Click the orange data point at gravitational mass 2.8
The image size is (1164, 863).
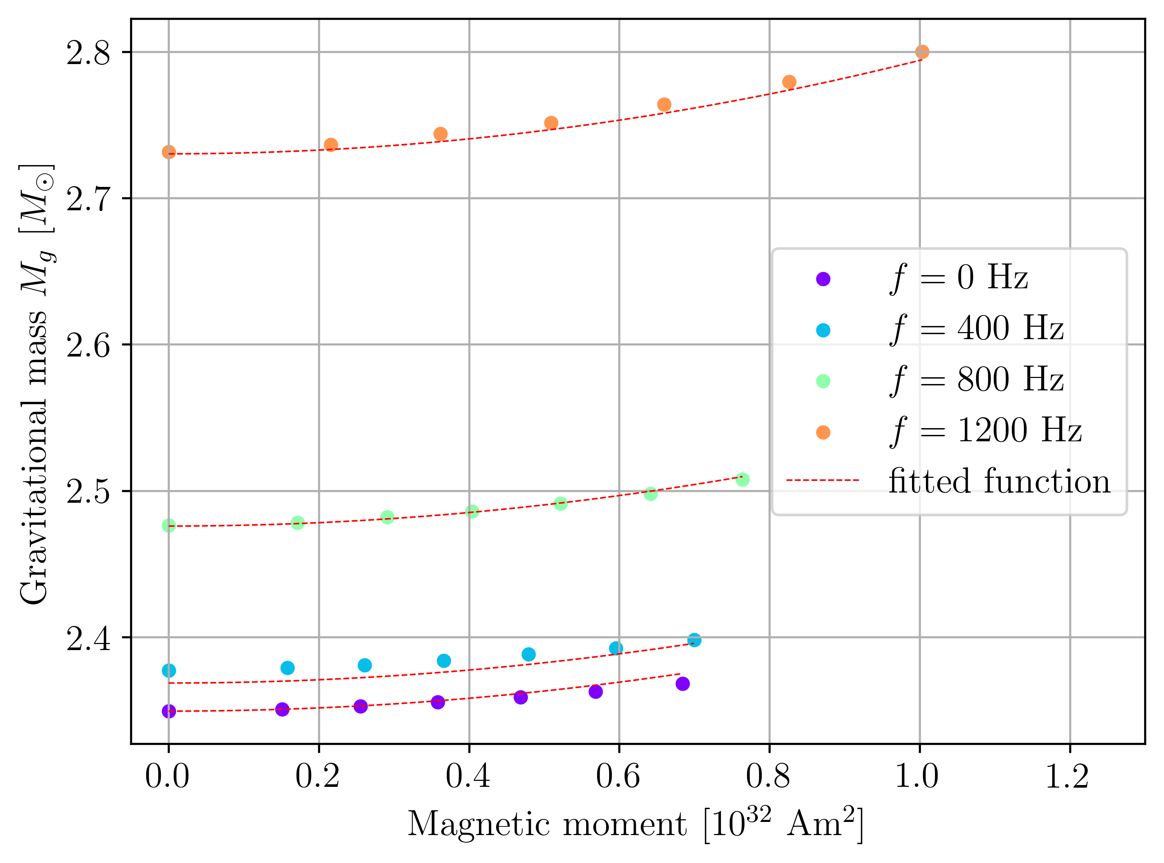click(x=922, y=52)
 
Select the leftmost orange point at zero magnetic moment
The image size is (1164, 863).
click(x=169, y=152)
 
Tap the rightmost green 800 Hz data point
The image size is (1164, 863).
click(x=742, y=479)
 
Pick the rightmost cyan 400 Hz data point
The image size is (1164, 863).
click(x=694, y=640)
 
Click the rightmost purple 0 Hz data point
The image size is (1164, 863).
click(x=683, y=683)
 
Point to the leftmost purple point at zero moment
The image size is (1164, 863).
click(x=169, y=711)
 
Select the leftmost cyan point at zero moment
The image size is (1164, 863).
click(x=169, y=670)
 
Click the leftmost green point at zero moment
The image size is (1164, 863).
click(x=169, y=525)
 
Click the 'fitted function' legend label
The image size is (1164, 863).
click(x=999, y=481)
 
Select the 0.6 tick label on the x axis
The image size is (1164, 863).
click(x=618, y=777)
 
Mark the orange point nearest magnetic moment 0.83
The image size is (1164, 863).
click(x=789, y=82)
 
